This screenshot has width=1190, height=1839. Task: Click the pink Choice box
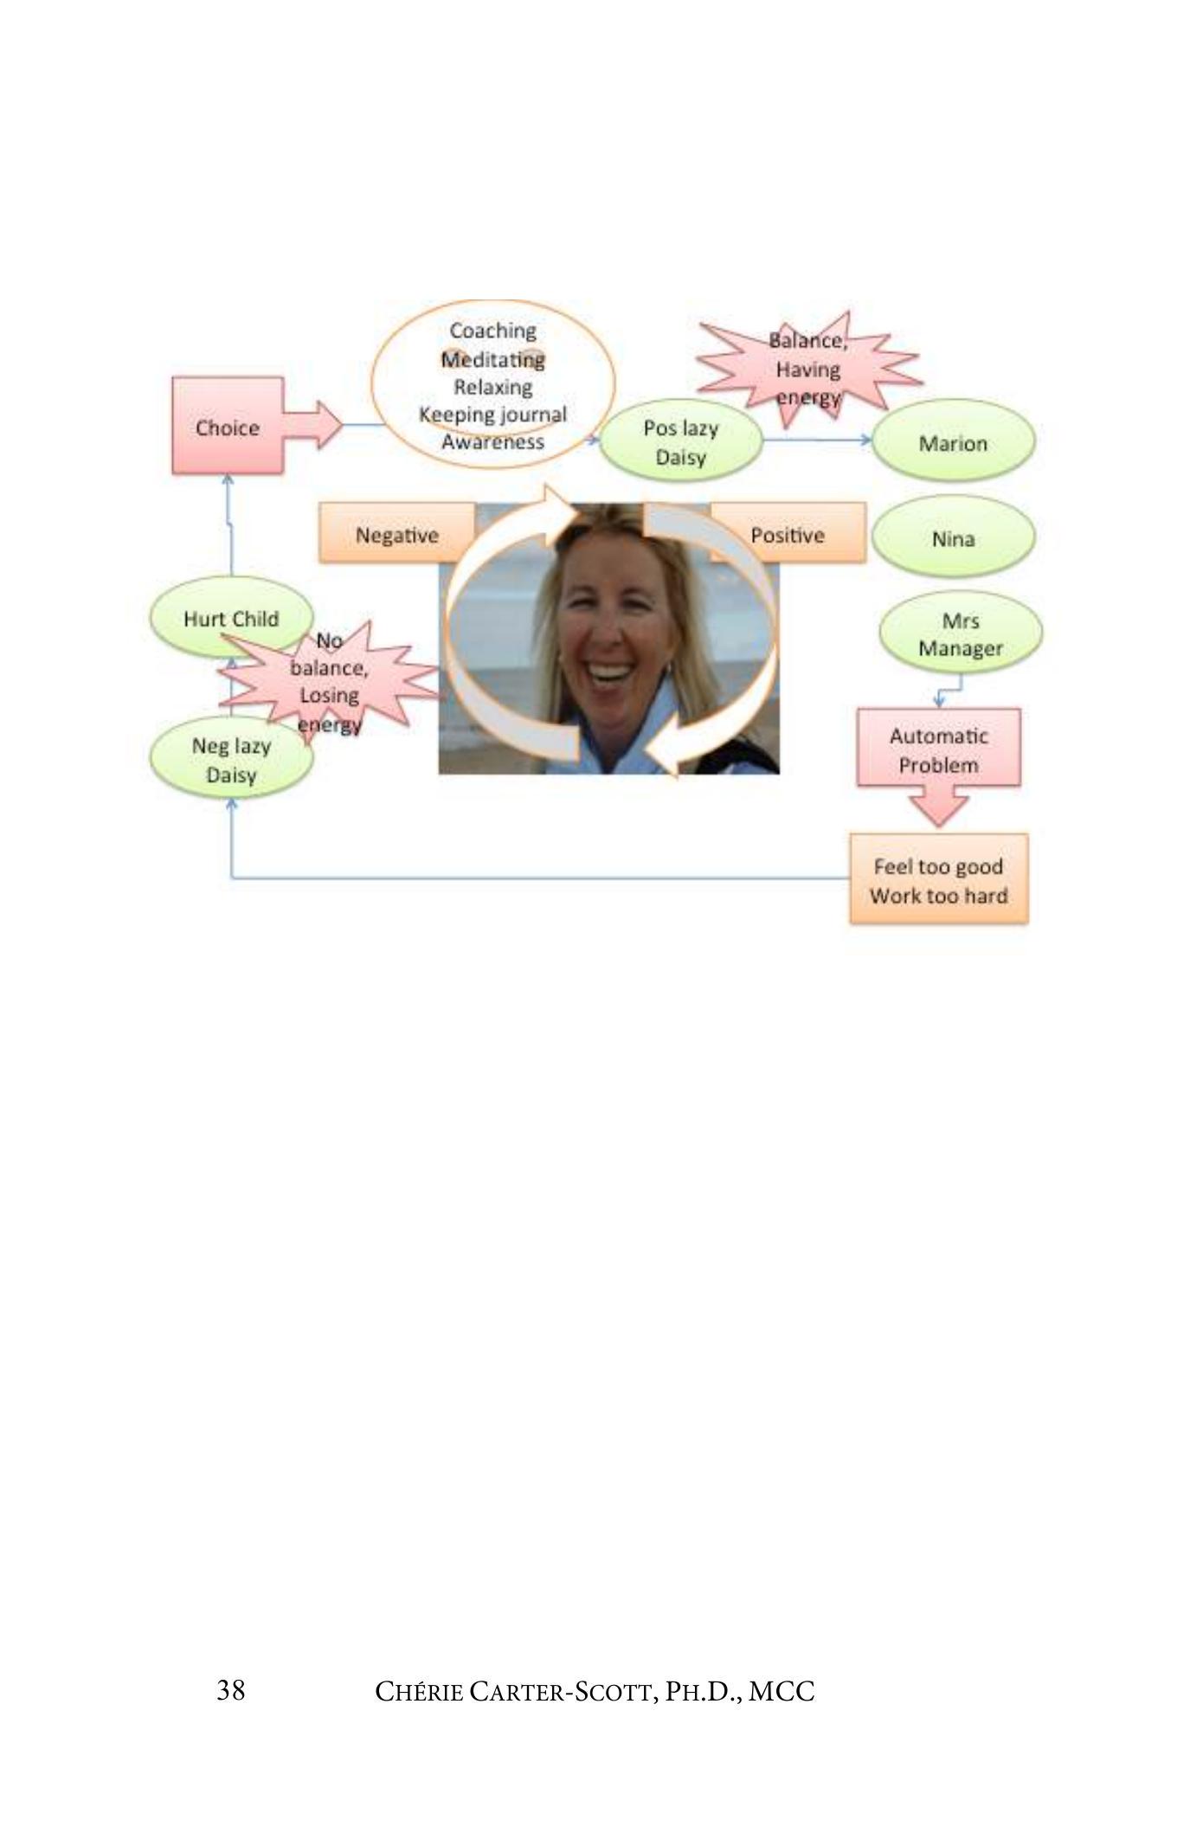[x=227, y=426]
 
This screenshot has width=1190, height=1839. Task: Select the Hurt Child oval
[x=231, y=618]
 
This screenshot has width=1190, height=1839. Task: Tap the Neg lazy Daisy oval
[x=231, y=760]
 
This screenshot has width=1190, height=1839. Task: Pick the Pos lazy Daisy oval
[x=680, y=442]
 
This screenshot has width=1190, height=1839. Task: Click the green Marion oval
[x=953, y=443]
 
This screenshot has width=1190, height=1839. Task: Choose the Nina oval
[x=953, y=538]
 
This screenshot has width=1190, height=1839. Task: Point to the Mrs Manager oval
[x=960, y=634]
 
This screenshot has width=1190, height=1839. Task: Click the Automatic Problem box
[x=938, y=749]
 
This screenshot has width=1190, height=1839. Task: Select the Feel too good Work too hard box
[x=938, y=880]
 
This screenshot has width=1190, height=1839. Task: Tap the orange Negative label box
[x=396, y=535]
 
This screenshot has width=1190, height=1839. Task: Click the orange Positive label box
[x=788, y=535]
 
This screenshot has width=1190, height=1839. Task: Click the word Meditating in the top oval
[x=492, y=358]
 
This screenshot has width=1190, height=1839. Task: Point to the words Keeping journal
[x=492, y=415]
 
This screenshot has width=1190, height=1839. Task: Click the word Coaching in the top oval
[x=492, y=331]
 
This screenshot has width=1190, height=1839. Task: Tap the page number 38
[x=231, y=1689]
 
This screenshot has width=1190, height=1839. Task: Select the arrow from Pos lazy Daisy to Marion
[x=817, y=440]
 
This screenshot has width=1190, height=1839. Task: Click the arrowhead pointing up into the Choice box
[x=228, y=479]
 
